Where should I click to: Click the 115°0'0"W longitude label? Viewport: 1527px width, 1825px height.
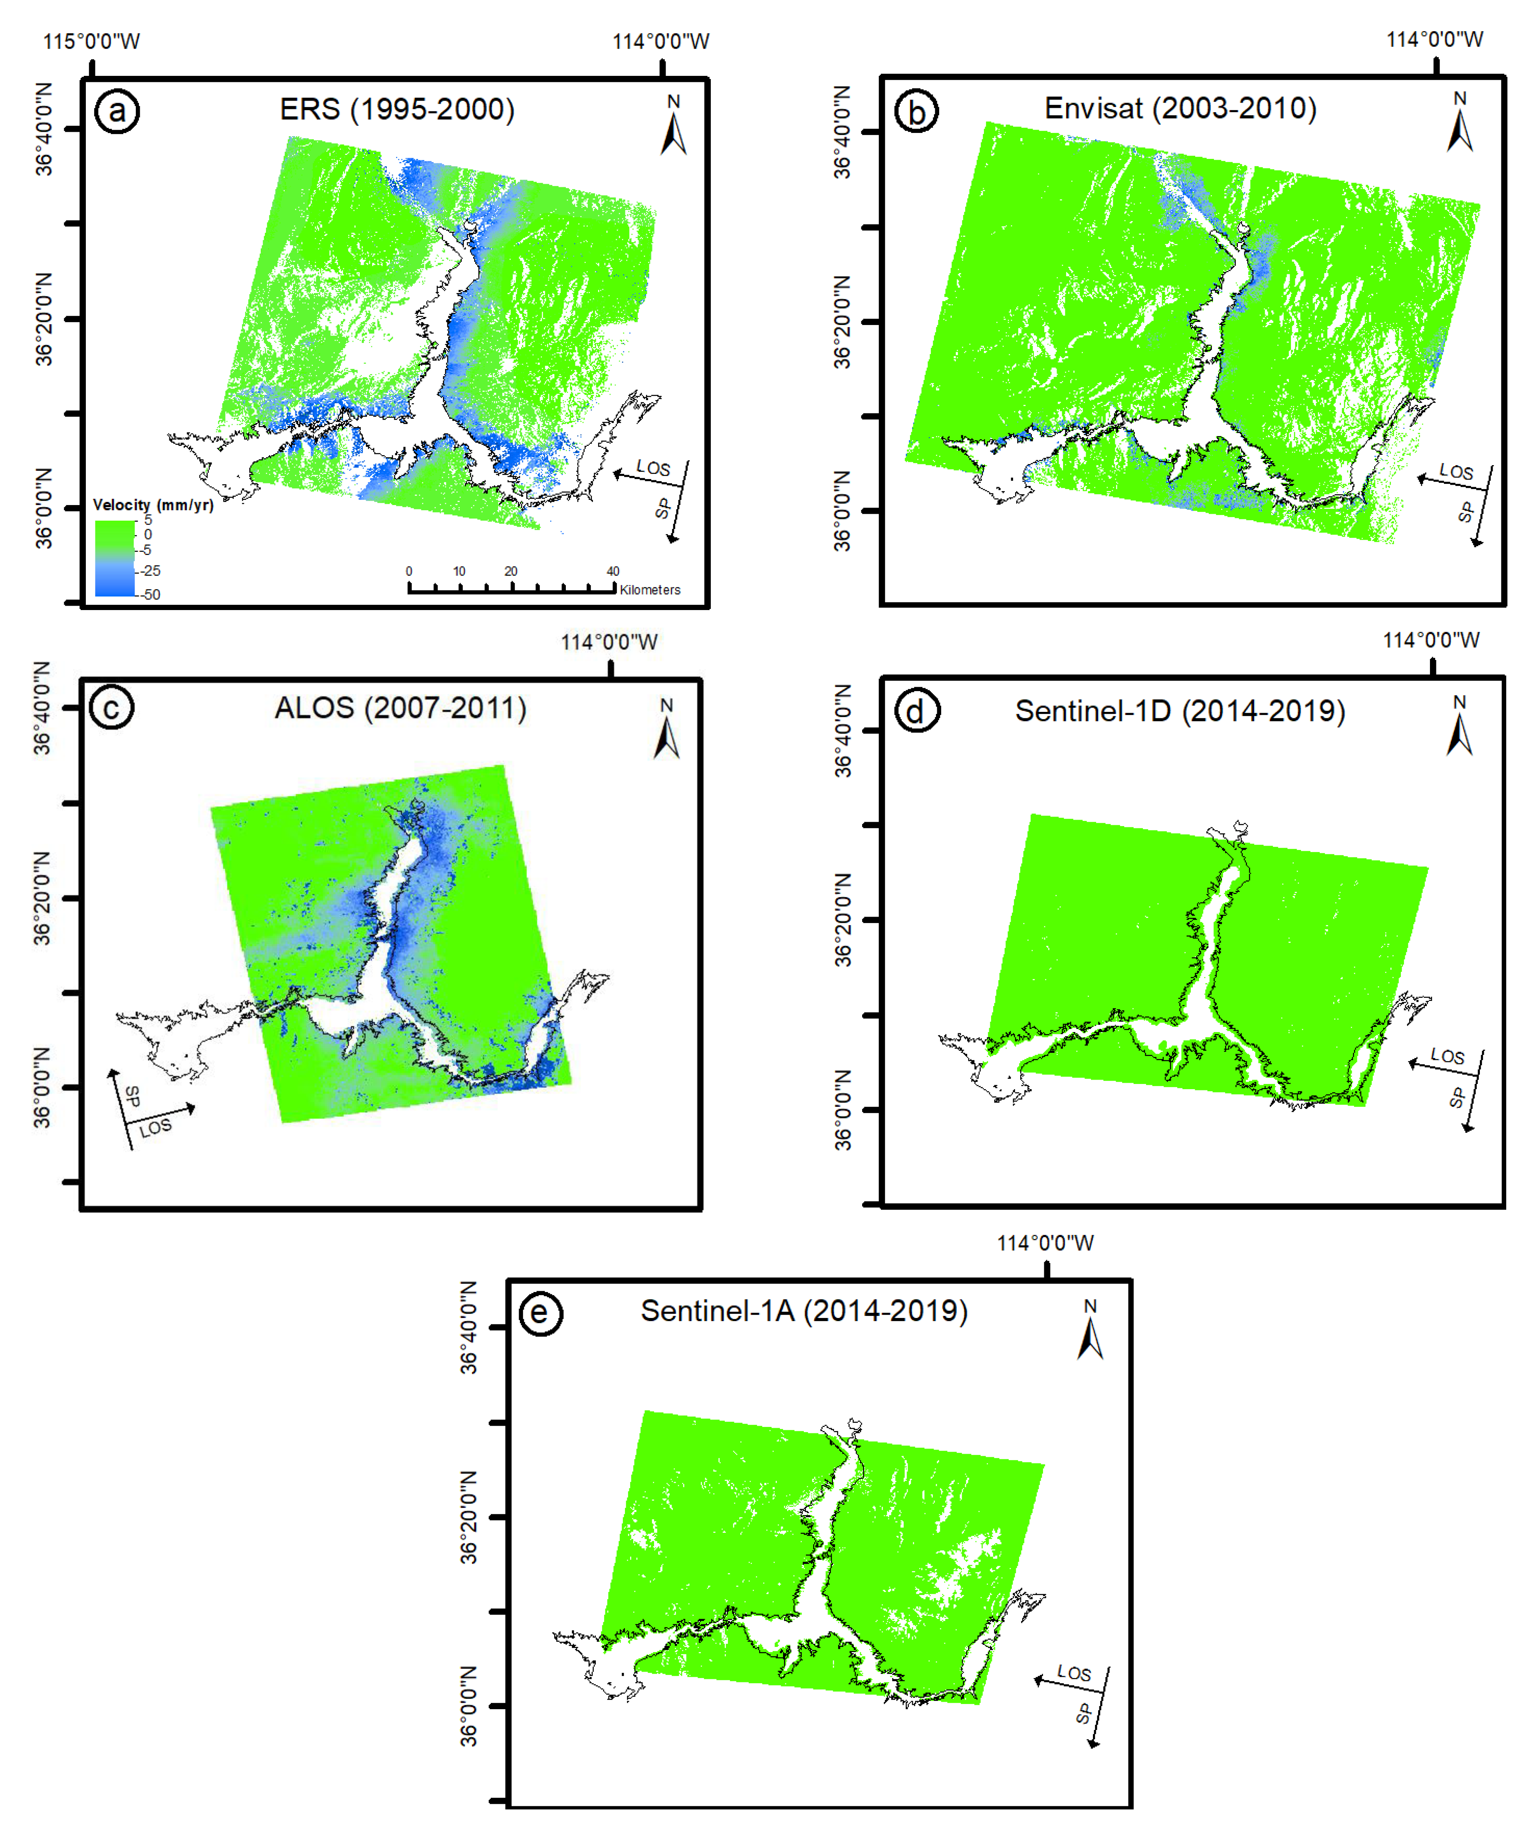coord(91,41)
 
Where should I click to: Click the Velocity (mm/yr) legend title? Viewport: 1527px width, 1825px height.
coord(153,505)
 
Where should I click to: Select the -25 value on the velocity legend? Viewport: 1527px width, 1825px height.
coord(151,571)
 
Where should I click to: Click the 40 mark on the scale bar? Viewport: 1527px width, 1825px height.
coord(613,571)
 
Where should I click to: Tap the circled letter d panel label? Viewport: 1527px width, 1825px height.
coord(916,712)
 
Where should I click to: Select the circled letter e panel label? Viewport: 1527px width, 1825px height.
coord(540,1312)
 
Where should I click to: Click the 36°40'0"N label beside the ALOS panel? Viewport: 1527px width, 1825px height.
coord(42,708)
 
